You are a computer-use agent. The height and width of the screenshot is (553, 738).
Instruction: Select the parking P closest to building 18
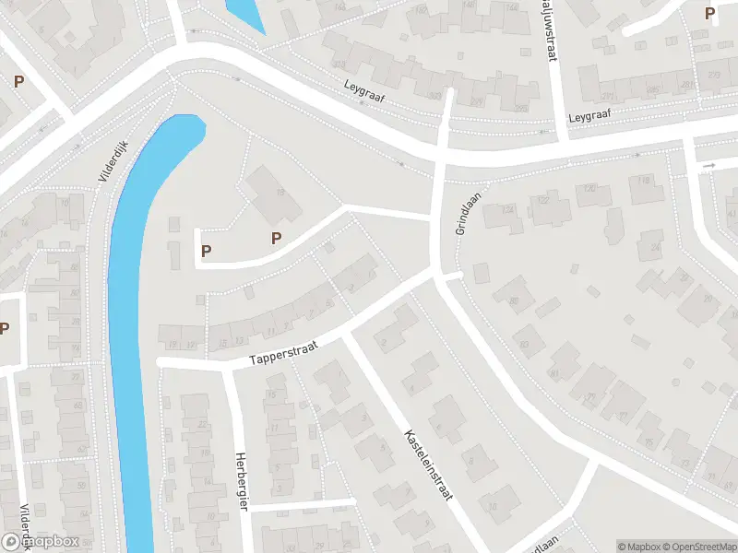(275, 239)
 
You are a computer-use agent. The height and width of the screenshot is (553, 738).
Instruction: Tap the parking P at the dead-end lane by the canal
(206, 250)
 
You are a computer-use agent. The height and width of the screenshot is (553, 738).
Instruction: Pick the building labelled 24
(654, 247)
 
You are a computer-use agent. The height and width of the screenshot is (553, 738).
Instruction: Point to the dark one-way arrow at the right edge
(708, 166)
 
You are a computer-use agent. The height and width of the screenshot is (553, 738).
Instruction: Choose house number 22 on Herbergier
(199, 425)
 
